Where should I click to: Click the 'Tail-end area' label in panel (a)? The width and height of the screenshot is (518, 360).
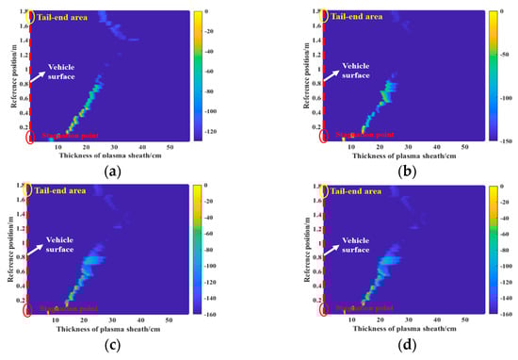click(65, 16)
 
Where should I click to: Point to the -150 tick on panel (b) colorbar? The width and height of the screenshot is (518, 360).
click(500, 139)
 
